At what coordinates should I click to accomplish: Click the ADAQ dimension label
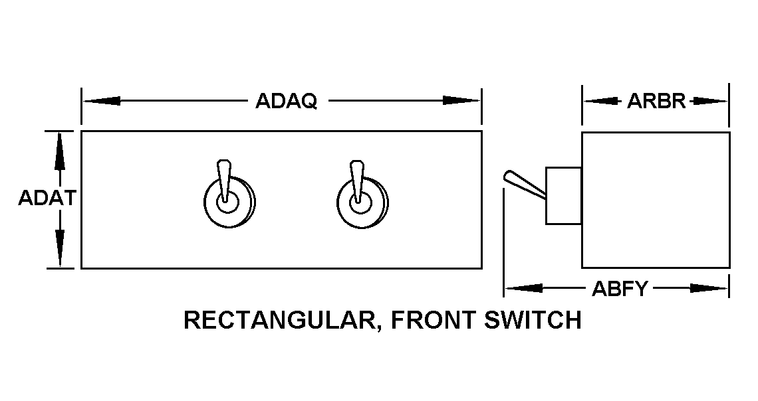(x=287, y=102)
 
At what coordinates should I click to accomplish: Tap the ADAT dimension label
(x=46, y=199)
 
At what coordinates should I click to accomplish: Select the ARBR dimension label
(x=656, y=102)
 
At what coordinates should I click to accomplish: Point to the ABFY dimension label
(x=619, y=289)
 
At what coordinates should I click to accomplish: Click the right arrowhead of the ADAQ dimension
(x=461, y=102)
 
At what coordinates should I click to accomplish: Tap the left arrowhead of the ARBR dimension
(x=600, y=102)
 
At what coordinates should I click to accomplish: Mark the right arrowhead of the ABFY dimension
(x=709, y=288)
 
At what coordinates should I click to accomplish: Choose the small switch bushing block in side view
(x=563, y=195)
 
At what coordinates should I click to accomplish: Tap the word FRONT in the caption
(x=432, y=321)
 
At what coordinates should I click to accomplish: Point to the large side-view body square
(x=656, y=199)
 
